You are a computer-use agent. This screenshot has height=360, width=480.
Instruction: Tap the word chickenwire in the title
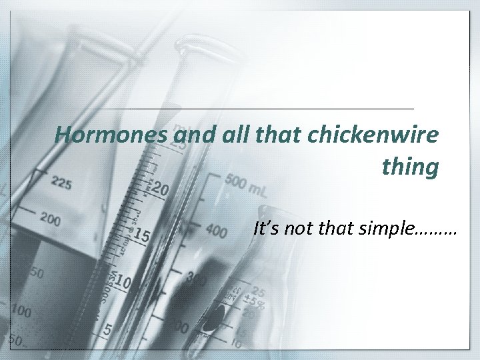[380, 136]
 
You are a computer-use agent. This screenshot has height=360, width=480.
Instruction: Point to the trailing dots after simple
[435, 233]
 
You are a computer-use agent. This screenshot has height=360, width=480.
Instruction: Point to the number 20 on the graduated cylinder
[160, 190]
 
